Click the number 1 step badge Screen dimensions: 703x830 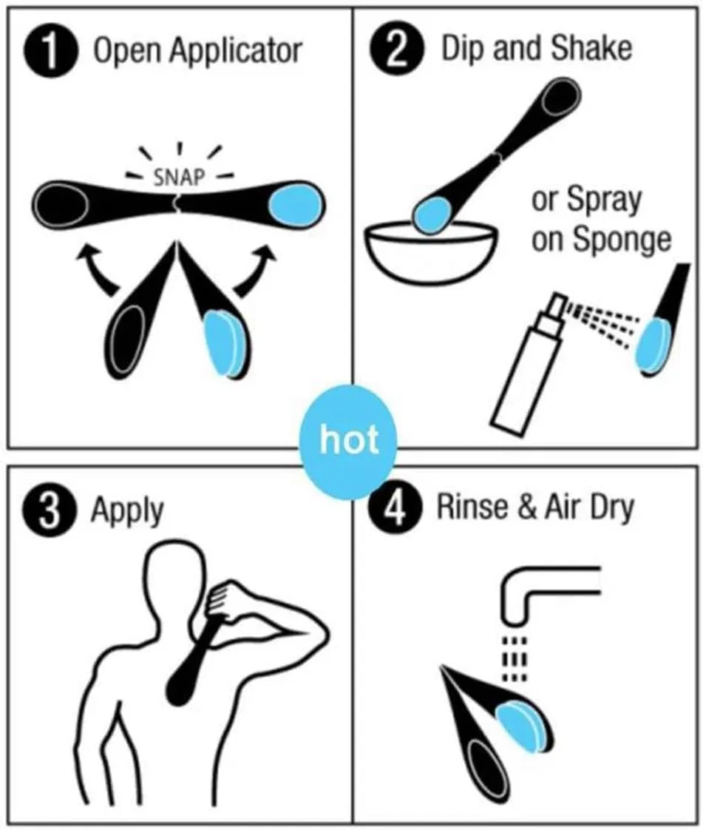click(51, 51)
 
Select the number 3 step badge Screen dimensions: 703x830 click(49, 513)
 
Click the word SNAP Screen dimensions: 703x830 click(179, 177)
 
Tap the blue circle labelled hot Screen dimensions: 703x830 click(347, 442)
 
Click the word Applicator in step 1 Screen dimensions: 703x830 click(237, 51)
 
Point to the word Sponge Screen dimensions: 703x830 click(622, 241)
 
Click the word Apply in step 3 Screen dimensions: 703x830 click(126, 511)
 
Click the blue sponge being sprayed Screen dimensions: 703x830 click(653, 345)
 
